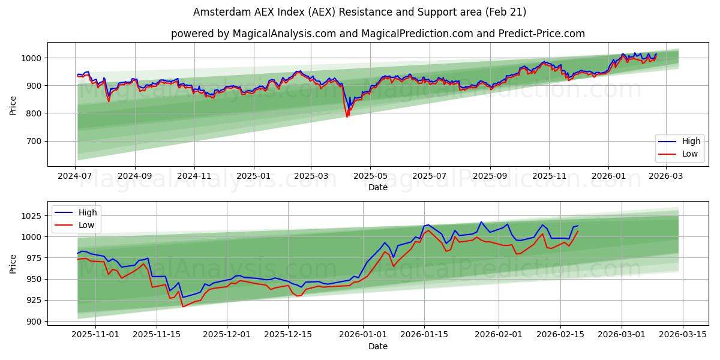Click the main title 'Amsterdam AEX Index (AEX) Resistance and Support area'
[359, 12]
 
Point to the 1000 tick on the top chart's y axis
[32, 58]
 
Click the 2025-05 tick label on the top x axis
[370, 176]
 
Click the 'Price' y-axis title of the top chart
[13, 105]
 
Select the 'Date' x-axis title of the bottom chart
[378, 346]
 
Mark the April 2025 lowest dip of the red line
[347, 116]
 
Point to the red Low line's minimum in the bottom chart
[183, 307]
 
